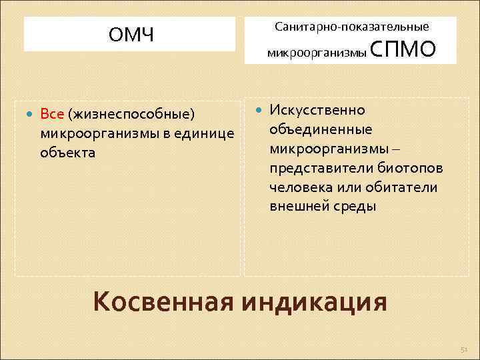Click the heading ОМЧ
coord(131,35)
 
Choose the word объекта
coord(67,153)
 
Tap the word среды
coord(355,207)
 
